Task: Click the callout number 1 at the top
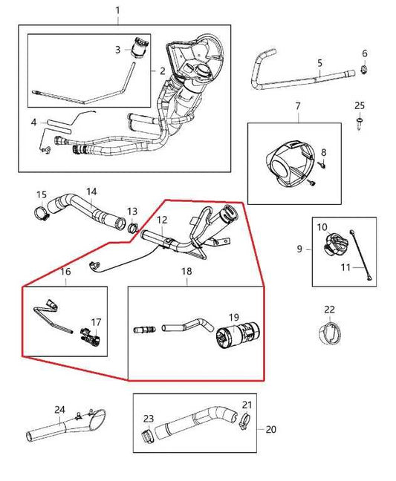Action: [x=117, y=10]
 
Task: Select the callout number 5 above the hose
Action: [x=319, y=63]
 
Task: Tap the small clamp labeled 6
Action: [x=365, y=71]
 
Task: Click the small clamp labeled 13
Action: [x=133, y=227]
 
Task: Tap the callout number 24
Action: [x=60, y=409]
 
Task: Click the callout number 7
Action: [x=297, y=106]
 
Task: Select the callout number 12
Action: [x=161, y=220]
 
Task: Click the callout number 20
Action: [x=270, y=428]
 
